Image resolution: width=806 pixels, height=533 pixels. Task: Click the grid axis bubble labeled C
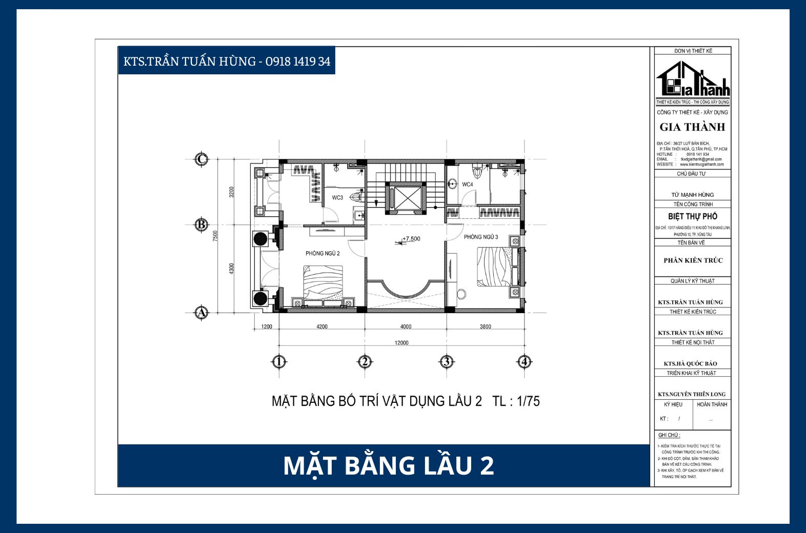coord(201,159)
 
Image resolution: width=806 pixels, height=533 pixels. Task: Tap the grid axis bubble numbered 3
coord(447,362)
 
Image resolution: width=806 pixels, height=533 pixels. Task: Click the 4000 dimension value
coord(406,326)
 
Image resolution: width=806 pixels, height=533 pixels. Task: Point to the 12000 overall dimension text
coord(401,343)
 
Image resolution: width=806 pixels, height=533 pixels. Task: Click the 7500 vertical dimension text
coord(215,236)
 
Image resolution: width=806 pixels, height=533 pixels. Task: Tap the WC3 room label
coord(337,197)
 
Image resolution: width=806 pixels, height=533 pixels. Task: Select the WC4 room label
coord(467,184)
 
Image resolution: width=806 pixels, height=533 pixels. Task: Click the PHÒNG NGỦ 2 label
coord(323,253)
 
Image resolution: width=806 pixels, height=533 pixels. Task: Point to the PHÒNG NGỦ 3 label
coord(480,237)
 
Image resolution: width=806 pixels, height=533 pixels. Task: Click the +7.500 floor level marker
coord(411,239)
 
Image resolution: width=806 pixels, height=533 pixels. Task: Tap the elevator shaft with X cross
coord(405,197)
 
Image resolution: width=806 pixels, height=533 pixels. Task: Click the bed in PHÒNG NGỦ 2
coord(323,284)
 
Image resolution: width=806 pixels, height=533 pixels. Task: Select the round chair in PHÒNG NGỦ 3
coord(461,294)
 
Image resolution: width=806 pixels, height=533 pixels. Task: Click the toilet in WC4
coord(478,169)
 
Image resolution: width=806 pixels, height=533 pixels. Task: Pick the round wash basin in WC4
coord(453,183)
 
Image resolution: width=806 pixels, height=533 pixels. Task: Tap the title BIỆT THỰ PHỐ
coord(693,216)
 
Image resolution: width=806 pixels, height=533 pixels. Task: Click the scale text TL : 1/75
coord(516,401)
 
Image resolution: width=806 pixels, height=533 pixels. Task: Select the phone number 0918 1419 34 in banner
coord(298,61)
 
